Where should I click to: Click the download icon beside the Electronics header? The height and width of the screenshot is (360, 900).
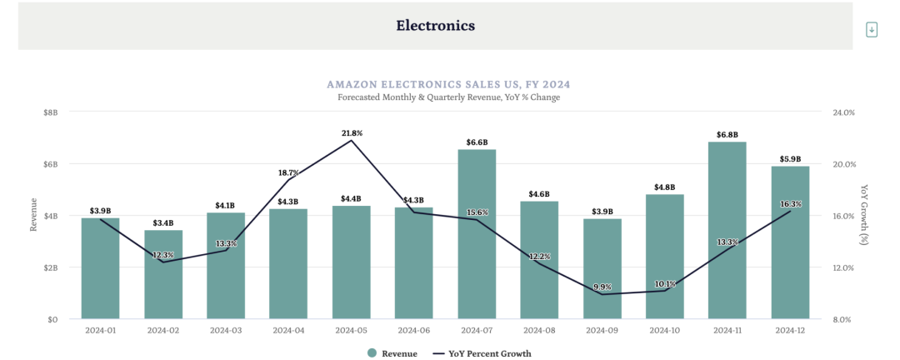[x=872, y=29]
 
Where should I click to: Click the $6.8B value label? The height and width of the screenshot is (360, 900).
[x=727, y=134]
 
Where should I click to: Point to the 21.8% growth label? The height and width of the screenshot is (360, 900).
[x=352, y=132]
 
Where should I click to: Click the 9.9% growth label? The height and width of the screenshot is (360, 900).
[x=602, y=287]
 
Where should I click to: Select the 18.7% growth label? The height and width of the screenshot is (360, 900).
[x=288, y=172]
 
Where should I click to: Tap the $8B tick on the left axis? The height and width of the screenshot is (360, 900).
[x=51, y=112]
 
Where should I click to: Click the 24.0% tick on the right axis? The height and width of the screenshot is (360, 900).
[x=843, y=112]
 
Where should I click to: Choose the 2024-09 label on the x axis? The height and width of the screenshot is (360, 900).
[x=602, y=330]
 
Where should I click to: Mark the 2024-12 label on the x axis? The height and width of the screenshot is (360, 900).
[x=790, y=330]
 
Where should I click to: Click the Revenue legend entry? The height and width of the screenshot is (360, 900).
[x=393, y=353]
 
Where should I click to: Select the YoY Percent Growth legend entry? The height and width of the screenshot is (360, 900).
[x=482, y=353]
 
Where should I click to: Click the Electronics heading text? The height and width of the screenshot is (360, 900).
[x=435, y=26]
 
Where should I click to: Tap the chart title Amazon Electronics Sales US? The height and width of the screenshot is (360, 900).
[x=448, y=84]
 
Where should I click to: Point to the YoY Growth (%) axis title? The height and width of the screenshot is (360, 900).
[x=864, y=215]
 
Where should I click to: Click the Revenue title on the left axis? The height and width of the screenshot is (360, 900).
[x=34, y=215]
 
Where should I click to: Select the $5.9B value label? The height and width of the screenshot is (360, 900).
[x=790, y=159]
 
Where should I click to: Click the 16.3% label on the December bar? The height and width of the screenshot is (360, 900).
[x=790, y=204]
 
